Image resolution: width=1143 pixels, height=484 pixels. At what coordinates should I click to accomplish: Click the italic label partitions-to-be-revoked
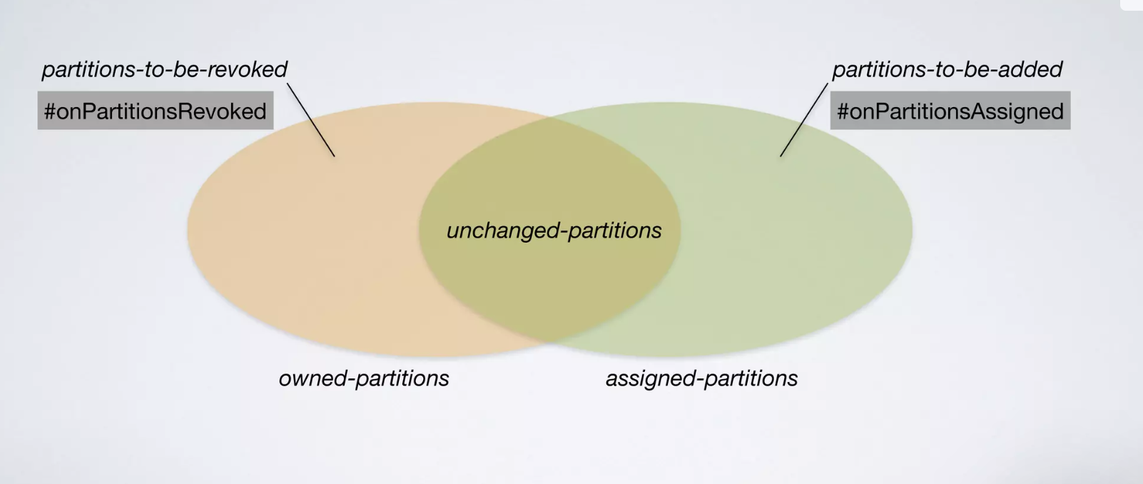pos(164,69)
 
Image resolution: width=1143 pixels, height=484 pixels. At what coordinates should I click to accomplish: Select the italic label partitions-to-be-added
pos(947,69)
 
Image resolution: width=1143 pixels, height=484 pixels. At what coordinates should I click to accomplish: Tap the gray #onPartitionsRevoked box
pos(156,111)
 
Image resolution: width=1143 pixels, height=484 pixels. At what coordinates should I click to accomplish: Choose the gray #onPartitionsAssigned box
pos(950,111)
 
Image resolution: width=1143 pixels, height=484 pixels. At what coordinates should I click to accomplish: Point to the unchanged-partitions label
pos(554,231)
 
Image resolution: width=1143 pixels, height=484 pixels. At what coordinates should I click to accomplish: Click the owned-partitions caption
pos(364,378)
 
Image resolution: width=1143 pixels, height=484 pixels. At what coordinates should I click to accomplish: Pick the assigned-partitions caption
pos(701,378)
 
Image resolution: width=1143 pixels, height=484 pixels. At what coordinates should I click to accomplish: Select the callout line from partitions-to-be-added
pos(804,120)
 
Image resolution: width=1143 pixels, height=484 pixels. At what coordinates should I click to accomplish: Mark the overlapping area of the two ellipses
pos(549,286)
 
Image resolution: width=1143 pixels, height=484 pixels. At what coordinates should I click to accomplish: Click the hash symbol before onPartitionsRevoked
pos(50,111)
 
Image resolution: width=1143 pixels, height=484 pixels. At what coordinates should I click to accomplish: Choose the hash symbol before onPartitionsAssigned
pos(843,111)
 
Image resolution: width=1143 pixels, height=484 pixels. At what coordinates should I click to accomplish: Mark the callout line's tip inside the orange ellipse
pos(334,155)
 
